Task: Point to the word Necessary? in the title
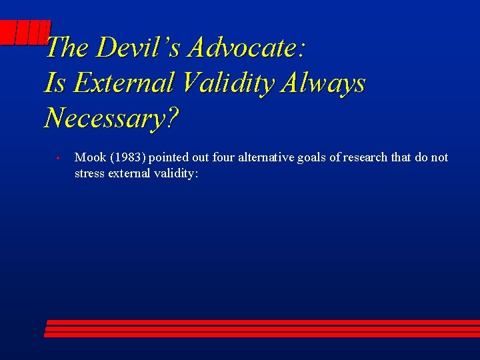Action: pyautogui.click(x=111, y=118)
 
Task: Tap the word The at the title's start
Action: pyautogui.click(x=69, y=47)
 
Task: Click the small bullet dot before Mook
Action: pyautogui.click(x=59, y=159)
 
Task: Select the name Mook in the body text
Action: pyautogui.click(x=89, y=157)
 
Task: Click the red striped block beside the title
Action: pyautogui.click(x=25, y=33)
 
